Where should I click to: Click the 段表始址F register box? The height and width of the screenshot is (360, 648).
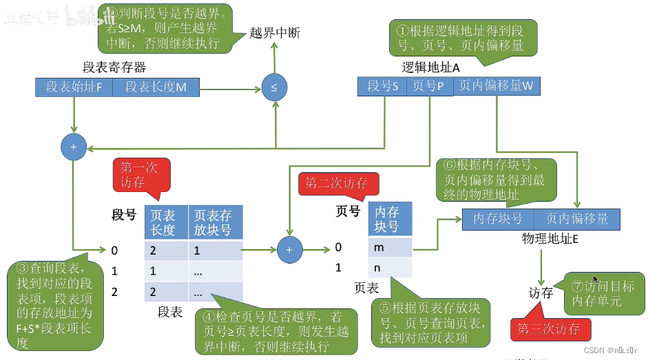pyautogui.click(x=74, y=87)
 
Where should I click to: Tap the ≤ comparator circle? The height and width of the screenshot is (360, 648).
pyautogui.click(x=274, y=88)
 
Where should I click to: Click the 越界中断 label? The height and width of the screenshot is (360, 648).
pyautogui.click(x=275, y=33)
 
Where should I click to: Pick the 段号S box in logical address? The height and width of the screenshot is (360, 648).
pyautogui.click(x=382, y=86)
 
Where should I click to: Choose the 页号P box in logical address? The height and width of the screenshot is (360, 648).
pyautogui.click(x=428, y=86)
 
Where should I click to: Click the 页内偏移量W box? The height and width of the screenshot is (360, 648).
pyautogui.click(x=496, y=86)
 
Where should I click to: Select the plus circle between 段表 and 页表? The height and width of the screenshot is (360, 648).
pyautogui.click(x=289, y=250)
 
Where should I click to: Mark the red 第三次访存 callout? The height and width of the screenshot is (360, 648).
pyautogui.click(x=549, y=329)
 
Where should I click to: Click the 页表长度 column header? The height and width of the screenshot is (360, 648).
pyautogui.click(x=166, y=221)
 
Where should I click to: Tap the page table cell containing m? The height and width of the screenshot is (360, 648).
pyautogui.click(x=390, y=246)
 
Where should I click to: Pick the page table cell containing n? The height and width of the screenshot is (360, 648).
pyautogui.click(x=390, y=267)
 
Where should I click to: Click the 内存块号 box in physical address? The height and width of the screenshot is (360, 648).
pyautogui.click(x=498, y=219)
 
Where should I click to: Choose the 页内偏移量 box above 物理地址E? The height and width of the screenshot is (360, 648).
pyautogui.click(x=577, y=219)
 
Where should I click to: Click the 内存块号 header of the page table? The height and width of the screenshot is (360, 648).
pyautogui.click(x=390, y=219)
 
